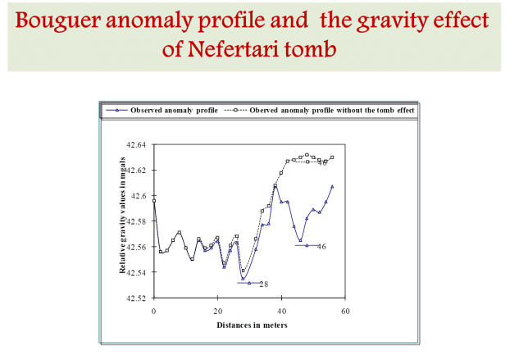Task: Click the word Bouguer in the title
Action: click(58, 21)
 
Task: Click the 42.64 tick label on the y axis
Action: click(136, 145)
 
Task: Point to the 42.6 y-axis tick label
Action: click(139, 196)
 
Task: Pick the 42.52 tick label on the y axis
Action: click(136, 298)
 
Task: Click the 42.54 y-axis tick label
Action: click(136, 272)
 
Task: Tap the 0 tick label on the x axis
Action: click(153, 311)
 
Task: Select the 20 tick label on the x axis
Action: click(217, 311)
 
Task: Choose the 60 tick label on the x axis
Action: click(345, 311)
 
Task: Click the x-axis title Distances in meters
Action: click(252, 326)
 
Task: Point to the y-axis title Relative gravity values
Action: click(122, 215)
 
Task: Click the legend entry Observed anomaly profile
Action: click(162, 110)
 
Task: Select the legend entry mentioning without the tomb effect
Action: click(320, 110)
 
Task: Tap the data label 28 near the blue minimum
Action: click(264, 285)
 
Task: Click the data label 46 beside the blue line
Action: click(321, 247)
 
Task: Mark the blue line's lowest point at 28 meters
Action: click(243, 279)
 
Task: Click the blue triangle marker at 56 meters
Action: click(332, 186)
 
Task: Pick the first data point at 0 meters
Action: click(154, 201)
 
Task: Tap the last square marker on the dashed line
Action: click(332, 157)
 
